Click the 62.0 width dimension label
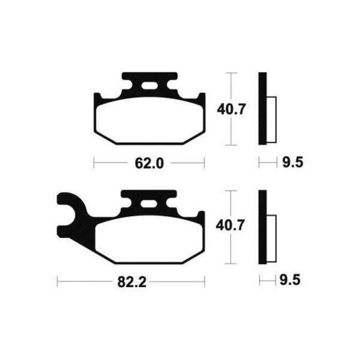tap(149, 164)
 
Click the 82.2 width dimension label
tap(132, 282)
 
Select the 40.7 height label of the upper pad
tap(232, 109)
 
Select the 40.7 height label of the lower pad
tap(230, 226)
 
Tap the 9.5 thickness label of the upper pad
tap(293, 162)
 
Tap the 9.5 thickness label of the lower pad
tap(290, 280)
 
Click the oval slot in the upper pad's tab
tap(149, 86)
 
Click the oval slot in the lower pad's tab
tap(149, 204)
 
